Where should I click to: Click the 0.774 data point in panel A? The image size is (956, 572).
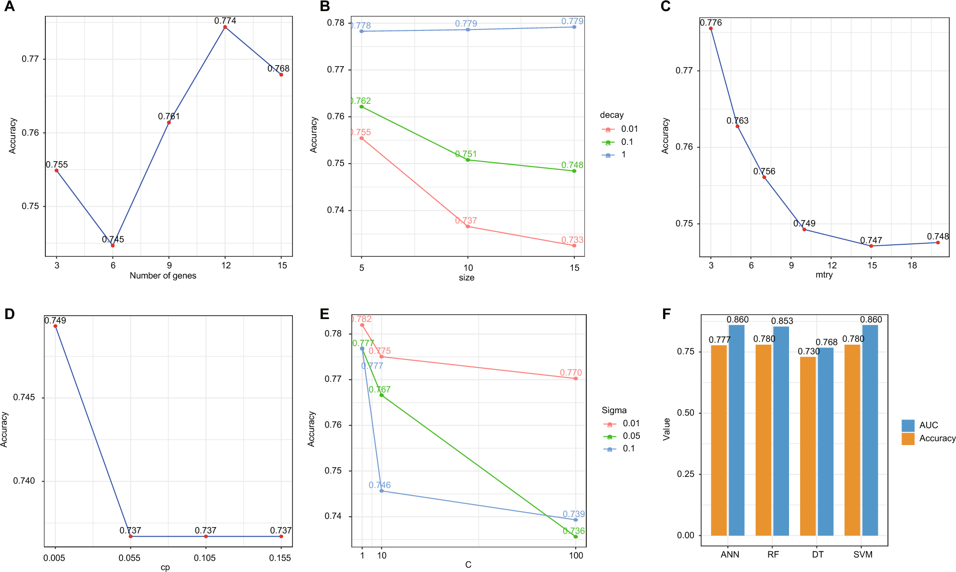[225, 27]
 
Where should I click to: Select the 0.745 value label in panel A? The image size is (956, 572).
[113, 239]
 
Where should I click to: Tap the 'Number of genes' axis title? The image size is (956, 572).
[163, 276]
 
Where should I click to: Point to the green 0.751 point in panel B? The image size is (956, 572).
[468, 160]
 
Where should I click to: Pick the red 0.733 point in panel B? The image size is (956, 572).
[574, 246]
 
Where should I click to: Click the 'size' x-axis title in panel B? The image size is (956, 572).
[467, 278]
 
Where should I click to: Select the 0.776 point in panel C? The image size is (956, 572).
[711, 28]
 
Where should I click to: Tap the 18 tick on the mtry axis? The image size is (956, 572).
[912, 265]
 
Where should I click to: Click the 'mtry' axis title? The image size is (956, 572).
[824, 275]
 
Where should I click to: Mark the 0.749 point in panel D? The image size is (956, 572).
[55, 326]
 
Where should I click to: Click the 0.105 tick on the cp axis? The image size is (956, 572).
[205, 558]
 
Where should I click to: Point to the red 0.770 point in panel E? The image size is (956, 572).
[576, 378]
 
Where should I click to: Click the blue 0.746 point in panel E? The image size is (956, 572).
[382, 491]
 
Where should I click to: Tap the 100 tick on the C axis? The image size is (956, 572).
[576, 556]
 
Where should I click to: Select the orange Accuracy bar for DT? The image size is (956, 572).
[808, 446]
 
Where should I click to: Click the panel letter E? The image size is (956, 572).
[325, 314]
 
